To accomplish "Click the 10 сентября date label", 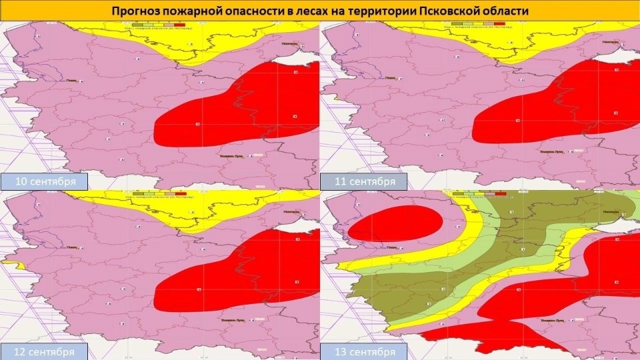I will pos(44,181).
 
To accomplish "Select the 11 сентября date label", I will pos(363,181).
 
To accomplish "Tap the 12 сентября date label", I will pos(44,351).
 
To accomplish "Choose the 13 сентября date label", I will pos(363,351).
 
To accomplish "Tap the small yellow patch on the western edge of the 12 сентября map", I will pos(20,265).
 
